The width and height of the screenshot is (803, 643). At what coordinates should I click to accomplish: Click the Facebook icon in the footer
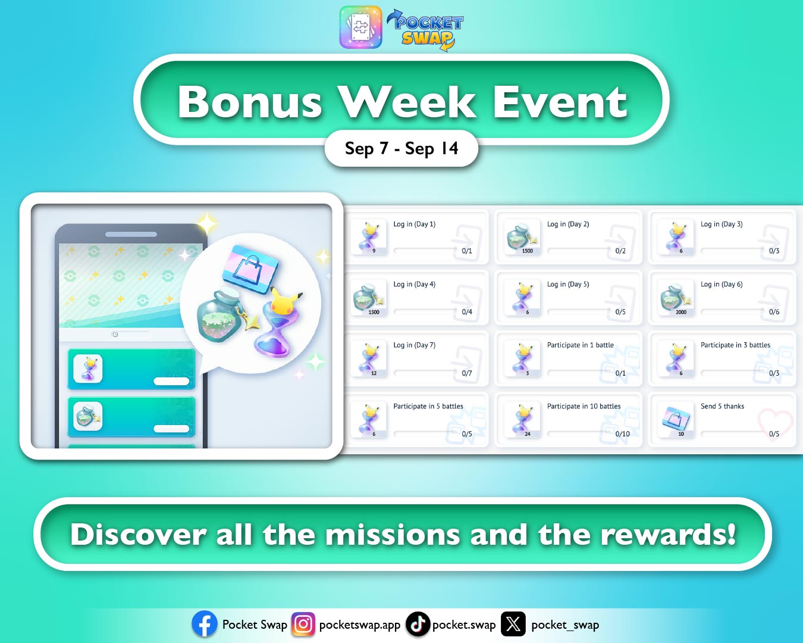point(205,624)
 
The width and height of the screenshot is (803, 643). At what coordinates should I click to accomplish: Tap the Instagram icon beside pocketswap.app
point(303,624)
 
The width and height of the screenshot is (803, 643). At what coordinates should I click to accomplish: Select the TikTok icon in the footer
point(418,624)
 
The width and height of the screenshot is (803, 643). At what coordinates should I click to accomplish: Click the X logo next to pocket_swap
point(513,624)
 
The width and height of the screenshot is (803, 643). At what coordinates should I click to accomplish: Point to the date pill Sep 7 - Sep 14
point(401,148)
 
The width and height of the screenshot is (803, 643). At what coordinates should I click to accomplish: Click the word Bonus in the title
point(250,102)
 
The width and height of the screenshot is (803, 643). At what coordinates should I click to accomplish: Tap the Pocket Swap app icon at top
point(360,27)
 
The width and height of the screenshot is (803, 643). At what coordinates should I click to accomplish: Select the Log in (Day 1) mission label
point(414,224)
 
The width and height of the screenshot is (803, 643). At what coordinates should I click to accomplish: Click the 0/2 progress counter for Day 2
point(620,251)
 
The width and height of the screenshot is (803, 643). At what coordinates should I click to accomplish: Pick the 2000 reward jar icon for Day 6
point(674,297)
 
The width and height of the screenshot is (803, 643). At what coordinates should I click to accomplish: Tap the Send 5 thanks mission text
point(722,407)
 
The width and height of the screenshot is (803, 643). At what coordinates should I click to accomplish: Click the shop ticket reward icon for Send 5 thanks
point(676,419)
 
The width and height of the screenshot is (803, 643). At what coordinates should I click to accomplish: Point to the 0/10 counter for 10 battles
point(622,434)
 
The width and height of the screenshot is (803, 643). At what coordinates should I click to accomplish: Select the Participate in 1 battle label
point(580,345)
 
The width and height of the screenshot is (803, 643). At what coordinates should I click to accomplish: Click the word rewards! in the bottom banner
point(668,534)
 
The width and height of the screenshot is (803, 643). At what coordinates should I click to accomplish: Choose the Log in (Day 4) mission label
point(414,285)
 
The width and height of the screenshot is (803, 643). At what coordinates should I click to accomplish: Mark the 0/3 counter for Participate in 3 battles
point(774,373)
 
